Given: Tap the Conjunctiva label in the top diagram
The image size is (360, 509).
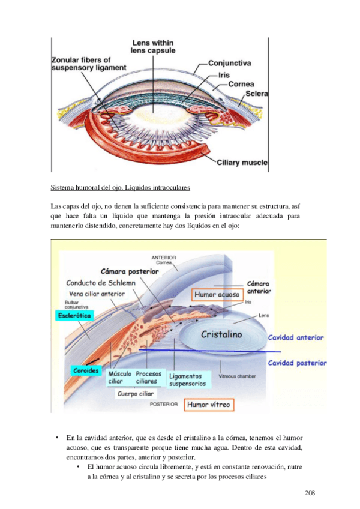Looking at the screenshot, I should pos(238,62).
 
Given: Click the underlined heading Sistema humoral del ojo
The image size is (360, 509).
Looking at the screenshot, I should pos(120,188).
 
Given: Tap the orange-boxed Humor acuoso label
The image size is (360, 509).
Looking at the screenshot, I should pos(217,295).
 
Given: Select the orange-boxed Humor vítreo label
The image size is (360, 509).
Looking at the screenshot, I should pos(208,405).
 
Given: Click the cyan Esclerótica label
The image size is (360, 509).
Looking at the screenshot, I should pos(74,315).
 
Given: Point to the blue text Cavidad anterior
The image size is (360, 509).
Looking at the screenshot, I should pos(296,338).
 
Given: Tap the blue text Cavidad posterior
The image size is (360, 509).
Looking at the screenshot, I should pos(297,363).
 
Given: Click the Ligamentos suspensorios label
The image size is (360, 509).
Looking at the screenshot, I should pos(188,378).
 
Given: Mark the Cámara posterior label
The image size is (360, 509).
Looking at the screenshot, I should pos(130,271).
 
